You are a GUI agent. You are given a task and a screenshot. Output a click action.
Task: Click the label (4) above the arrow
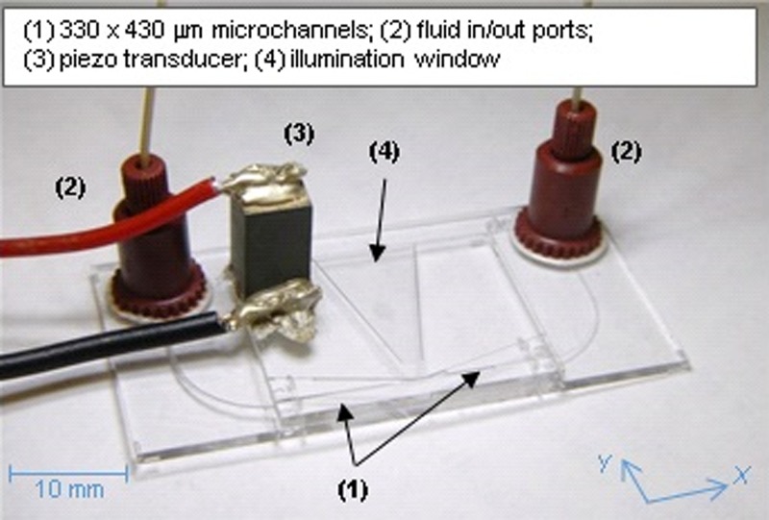(x=384, y=152)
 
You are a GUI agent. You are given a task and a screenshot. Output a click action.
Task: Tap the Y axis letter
(x=605, y=464)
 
